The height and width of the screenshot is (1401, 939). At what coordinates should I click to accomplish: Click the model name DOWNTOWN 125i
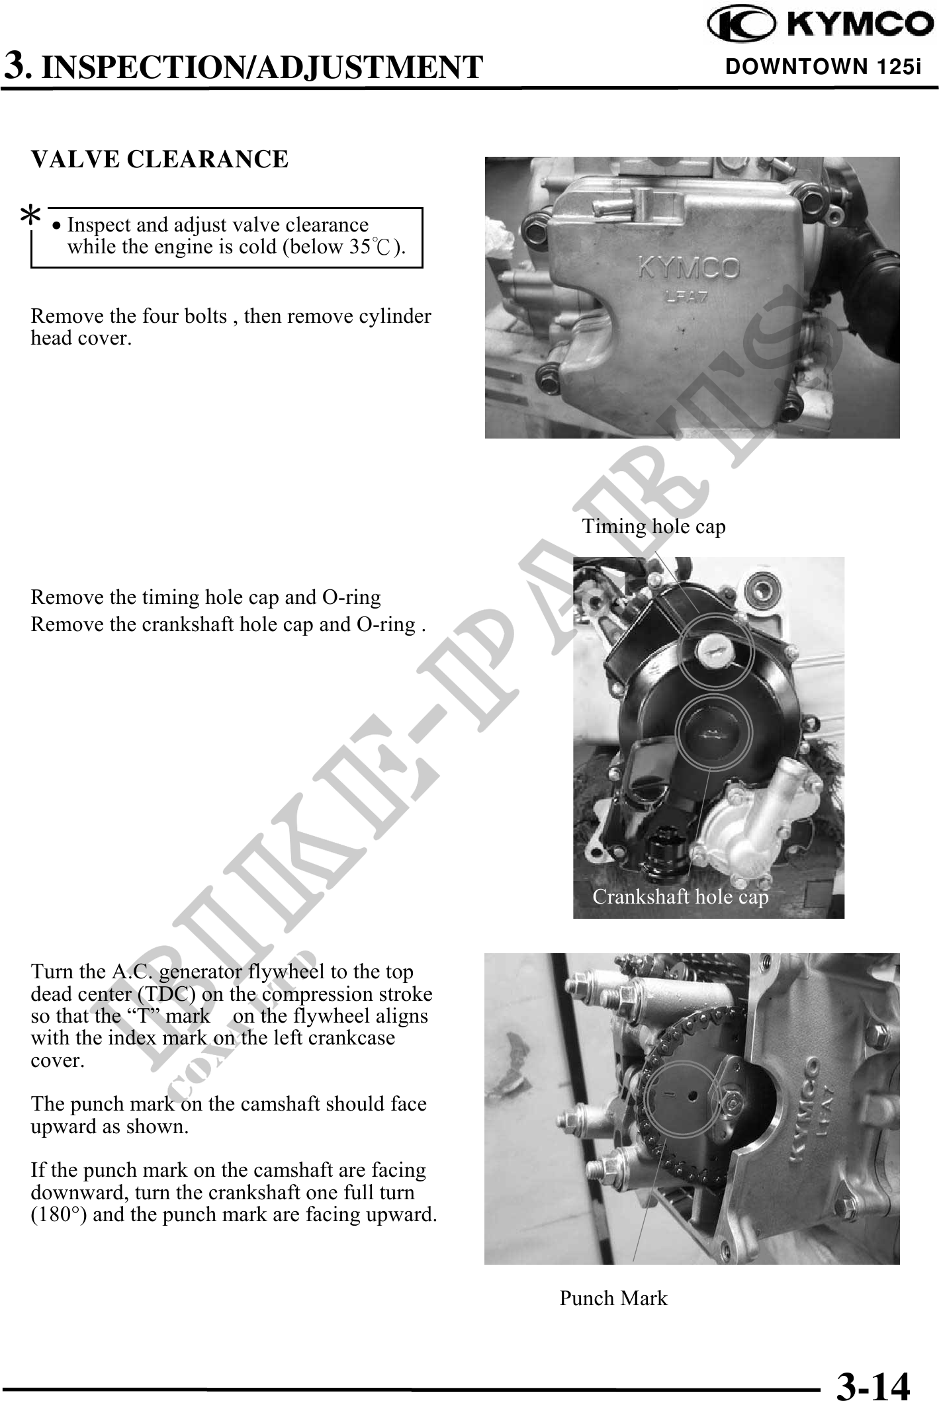[823, 67]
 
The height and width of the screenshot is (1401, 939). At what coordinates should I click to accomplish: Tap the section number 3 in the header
[16, 66]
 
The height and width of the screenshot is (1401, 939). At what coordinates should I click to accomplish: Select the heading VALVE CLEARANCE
[160, 159]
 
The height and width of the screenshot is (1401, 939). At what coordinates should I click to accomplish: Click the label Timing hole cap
[654, 527]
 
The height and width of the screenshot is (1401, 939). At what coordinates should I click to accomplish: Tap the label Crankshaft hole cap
[680, 896]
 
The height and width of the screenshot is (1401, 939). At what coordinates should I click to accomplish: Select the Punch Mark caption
[613, 1298]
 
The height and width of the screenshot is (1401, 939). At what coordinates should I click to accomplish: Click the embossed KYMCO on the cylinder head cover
[688, 269]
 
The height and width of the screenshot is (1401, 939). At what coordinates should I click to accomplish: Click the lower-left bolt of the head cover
[547, 375]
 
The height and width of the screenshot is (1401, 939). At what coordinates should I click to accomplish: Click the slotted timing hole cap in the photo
[715, 652]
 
